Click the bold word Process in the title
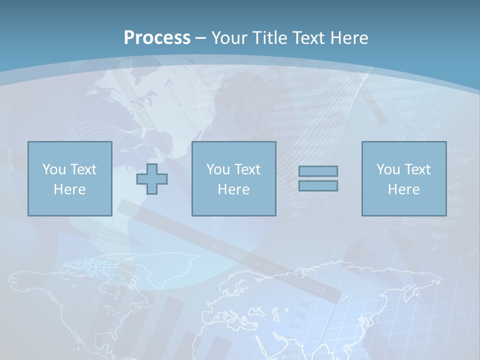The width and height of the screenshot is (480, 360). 157,38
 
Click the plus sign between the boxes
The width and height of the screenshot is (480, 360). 152,179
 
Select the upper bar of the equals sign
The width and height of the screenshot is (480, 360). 318,171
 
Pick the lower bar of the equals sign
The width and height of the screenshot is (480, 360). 318,186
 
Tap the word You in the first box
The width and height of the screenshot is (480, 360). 53,169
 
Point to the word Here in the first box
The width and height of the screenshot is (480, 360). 69,189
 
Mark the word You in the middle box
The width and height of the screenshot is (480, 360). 218,169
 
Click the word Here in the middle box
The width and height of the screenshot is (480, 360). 233,189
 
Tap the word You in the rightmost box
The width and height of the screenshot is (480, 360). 388,169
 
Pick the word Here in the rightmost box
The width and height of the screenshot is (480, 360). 403,189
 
